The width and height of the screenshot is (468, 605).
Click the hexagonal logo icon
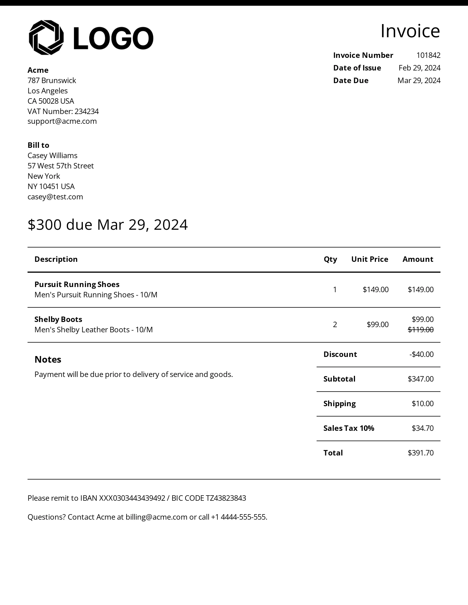click(46, 38)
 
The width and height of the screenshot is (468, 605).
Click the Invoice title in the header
click(410, 31)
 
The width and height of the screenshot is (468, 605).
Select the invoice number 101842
click(428, 55)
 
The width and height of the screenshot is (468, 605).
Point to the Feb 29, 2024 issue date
click(419, 68)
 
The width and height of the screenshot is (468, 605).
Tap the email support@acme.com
click(62, 121)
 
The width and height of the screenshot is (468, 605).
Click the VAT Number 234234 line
click(63, 111)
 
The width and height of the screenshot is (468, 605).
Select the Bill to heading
click(38, 145)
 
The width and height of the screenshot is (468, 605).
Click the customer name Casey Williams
click(52, 156)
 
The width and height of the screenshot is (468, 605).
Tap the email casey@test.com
click(55, 197)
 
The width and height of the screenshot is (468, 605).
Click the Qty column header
click(330, 259)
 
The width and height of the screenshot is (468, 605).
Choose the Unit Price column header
click(370, 259)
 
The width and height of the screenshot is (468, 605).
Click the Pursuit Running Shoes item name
click(77, 284)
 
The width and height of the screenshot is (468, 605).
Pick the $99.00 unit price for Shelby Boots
click(377, 325)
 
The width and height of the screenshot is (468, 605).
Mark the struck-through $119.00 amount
click(420, 330)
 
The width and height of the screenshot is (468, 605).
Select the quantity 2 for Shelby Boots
click(335, 325)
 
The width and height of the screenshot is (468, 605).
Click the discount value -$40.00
click(421, 354)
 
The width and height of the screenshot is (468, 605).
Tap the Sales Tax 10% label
click(349, 428)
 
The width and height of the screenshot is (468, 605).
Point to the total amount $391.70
click(420, 453)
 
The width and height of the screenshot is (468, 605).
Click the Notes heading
click(48, 360)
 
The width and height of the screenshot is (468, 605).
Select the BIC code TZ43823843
click(226, 498)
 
